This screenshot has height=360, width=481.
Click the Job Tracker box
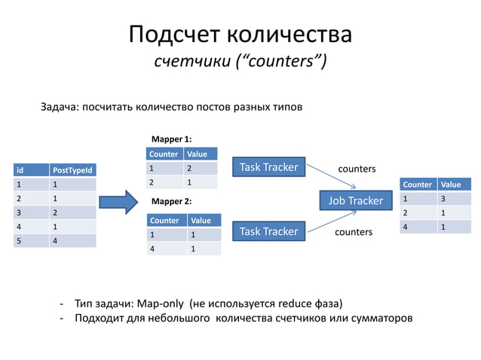click(x=356, y=200)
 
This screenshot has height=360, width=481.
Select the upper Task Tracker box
click(x=268, y=167)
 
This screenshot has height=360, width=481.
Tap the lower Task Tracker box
click(x=268, y=231)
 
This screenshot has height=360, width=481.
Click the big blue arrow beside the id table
click(x=119, y=201)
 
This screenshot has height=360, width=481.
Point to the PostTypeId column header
click(x=72, y=170)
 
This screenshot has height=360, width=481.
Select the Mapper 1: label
click(x=171, y=139)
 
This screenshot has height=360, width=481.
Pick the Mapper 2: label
click(x=171, y=202)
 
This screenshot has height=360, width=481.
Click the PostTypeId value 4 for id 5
click(x=55, y=241)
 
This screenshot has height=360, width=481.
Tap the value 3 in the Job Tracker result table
click(x=444, y=199)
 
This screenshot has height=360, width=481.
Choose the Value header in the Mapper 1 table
click(x=197, y=154)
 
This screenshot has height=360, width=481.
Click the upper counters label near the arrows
click(x=357, y=169)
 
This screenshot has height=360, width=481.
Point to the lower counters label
click(x=354, y=233)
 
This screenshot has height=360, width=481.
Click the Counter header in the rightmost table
click(x=418, y=185)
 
